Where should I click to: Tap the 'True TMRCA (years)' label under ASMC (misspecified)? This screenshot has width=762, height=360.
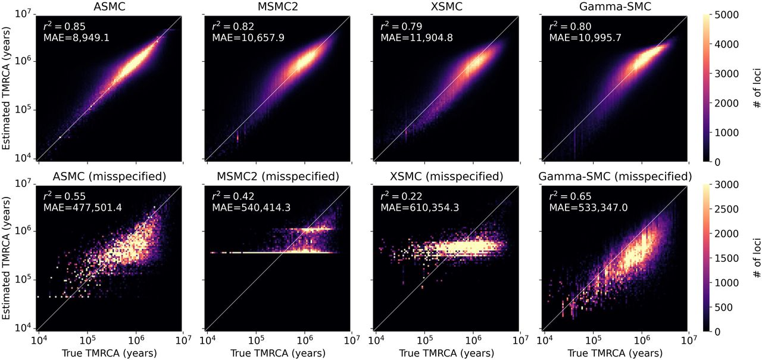point(111,353)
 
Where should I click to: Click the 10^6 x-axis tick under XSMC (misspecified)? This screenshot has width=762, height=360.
point(473,340)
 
